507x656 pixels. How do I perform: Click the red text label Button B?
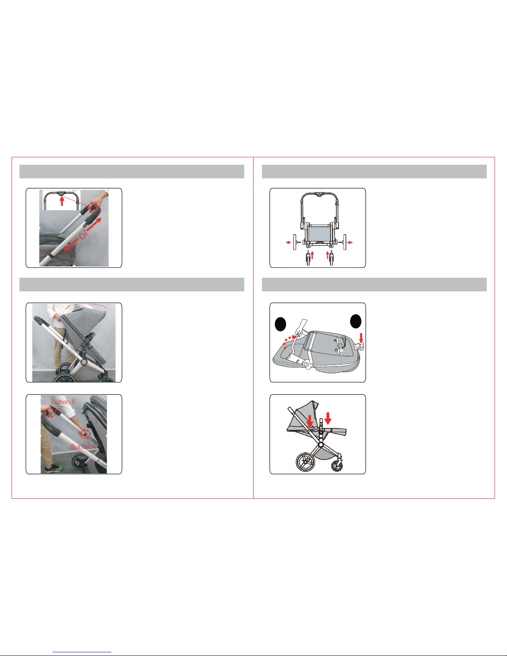point(63,402)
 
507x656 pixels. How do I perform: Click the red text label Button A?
point(83,447)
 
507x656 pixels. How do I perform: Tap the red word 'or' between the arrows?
point(83,234)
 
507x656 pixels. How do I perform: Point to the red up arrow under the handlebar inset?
point(62,201)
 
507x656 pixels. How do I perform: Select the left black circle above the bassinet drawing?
point(280,324)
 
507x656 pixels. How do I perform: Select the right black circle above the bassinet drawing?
point(356,321)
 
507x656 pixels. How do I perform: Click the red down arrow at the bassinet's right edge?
point(361,338)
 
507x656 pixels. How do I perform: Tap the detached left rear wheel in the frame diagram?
point(295,242)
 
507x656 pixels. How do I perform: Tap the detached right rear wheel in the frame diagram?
point(345,242)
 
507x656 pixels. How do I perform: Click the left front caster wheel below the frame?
point(308,259)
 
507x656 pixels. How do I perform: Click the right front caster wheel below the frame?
point(332,259)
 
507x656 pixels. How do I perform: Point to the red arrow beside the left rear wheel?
point(288,242)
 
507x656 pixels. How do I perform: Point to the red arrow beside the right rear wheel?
point(350,242)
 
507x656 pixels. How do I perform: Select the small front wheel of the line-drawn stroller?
point(337,466)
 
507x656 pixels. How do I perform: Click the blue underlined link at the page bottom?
point(82,651)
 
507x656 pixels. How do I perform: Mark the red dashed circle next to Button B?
point(50,413)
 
